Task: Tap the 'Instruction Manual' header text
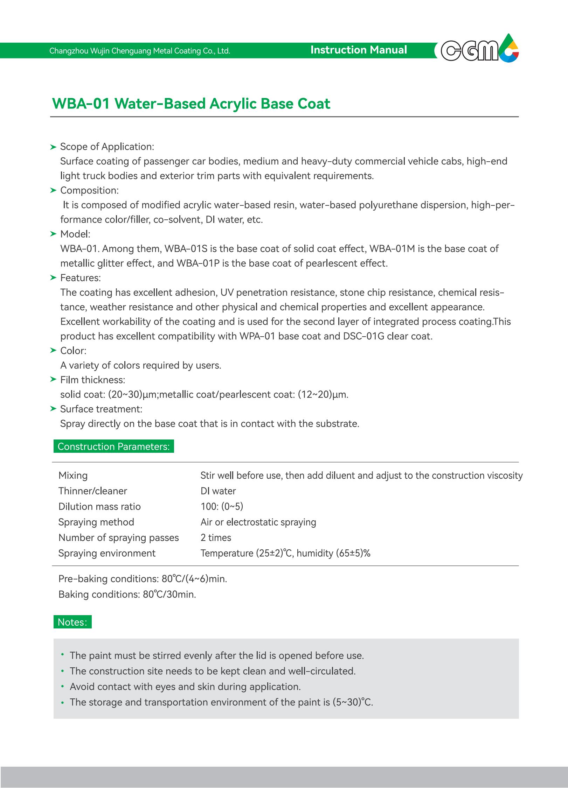tap(359, 50)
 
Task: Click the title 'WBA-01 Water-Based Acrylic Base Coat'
tap(191, 104)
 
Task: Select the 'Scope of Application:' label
tap(107, 147)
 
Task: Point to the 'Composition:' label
tap(89, 190)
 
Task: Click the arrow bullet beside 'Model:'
tap(53, 234)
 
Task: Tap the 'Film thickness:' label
tap(92, 380)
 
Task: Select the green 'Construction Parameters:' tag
tap(113, 446)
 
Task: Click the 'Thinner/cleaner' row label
tap(92, 491)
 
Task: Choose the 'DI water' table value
tap(218, 491)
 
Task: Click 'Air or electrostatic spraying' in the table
tap(258, 522)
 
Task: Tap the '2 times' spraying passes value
tap(216, 537)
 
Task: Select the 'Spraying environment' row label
tap(107, 553)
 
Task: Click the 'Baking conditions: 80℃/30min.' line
tap(127, 594)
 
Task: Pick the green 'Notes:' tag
tap(72, 622)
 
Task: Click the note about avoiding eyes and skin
tap(185, 687)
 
